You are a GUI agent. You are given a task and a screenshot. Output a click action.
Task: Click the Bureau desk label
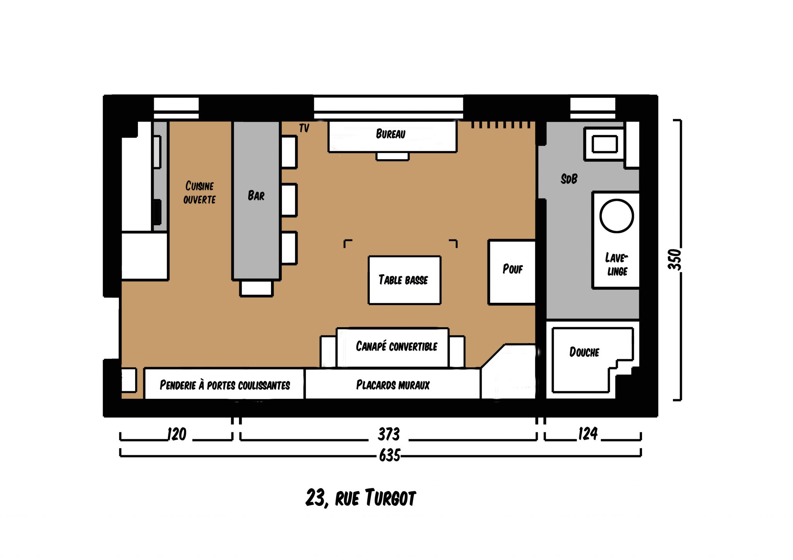point(390,134)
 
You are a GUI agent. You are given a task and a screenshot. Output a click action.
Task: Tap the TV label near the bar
point(304,128)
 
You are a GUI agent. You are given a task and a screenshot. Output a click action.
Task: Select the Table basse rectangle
point(404,280)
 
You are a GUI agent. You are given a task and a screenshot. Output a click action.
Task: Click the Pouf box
point(512,272)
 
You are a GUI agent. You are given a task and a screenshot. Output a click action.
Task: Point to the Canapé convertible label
point(396,346)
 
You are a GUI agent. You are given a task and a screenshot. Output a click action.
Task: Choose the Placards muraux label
point(393,385)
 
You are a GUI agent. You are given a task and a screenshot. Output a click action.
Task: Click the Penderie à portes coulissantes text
point(225,385)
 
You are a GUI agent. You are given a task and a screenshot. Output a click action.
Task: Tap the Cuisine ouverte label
point(199,193)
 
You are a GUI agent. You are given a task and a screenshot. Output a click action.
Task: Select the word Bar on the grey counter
point(256,196)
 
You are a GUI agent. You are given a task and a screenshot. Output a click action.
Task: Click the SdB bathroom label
point(569,179)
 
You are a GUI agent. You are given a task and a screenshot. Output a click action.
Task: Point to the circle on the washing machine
point(616,216)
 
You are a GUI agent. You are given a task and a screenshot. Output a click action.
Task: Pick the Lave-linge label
point(616,265)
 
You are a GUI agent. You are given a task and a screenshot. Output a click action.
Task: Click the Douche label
point(584,352)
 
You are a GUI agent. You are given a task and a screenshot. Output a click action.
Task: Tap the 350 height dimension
point(675,260)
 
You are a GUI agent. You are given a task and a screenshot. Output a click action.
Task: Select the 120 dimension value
point(177,434)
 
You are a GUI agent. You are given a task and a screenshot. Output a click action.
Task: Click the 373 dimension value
point(389,434)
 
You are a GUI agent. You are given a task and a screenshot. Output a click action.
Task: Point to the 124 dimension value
point(588,434)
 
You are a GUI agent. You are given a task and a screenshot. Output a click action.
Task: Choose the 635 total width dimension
point(390,455)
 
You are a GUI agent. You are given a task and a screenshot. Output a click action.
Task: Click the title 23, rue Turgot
point(360,498)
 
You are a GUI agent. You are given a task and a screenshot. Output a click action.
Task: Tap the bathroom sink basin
point(604,145)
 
